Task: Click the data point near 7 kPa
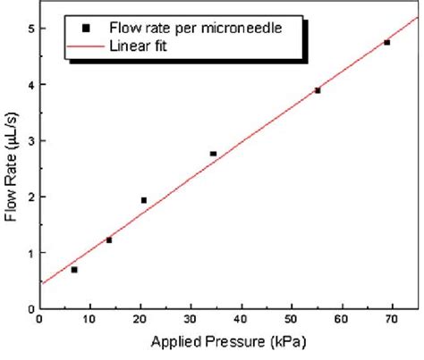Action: [x=74, y=269]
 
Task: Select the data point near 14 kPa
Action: [x=109, y=239]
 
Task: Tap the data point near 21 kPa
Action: [x=144, y=200]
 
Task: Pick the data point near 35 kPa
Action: [x=213, y=154]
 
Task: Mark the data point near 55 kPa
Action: [x=318, y=90]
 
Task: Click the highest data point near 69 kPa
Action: [x=386, y=42]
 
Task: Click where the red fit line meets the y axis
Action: [x=40, y=283]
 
